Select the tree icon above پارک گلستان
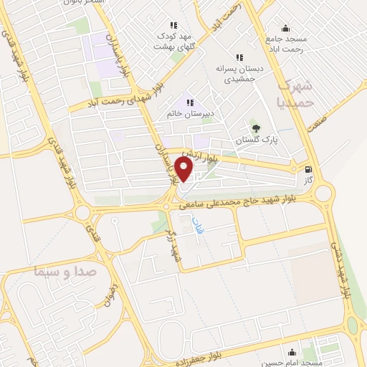coord(256,129)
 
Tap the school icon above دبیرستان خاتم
coord(190,103)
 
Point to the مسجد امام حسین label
coord(292,362)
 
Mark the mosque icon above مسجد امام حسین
coord(292,352)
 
